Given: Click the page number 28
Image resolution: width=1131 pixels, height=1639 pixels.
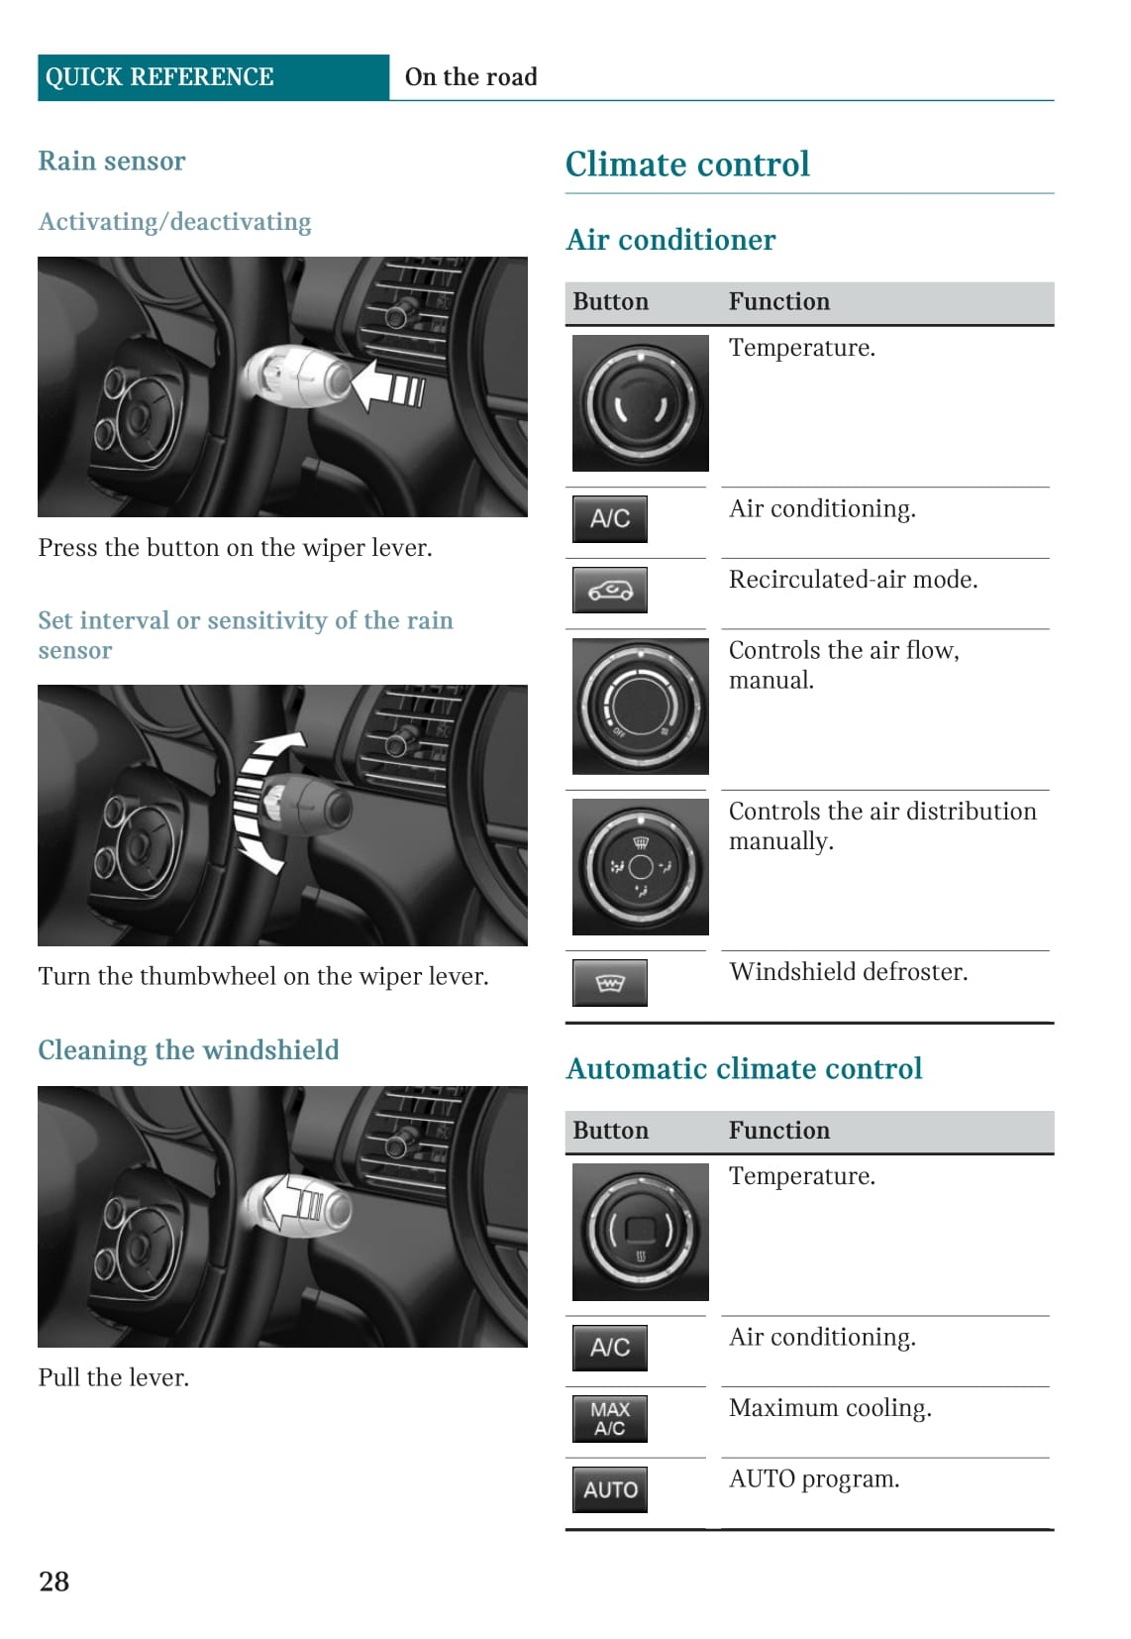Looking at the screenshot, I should tap(54, 1581).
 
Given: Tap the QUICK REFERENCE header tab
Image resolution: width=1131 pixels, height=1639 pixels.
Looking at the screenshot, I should tap(159, 77).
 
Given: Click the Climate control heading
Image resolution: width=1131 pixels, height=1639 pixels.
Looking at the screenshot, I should tap(687, 164).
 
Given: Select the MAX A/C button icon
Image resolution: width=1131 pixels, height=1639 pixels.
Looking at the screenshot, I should tap(610, 1418).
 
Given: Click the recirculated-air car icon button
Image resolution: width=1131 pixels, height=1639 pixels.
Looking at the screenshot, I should tap(610, 591).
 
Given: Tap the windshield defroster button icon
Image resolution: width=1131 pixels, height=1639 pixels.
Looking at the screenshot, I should tap(610, 983).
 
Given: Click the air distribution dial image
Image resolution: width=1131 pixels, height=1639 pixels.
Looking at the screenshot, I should tap(641, 867).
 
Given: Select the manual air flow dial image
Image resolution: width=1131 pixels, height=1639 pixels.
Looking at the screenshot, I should tap(641, 706).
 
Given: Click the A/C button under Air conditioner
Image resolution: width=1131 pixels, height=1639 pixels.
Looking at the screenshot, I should tap(610, 518).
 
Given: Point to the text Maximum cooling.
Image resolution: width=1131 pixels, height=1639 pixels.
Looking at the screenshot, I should tap(830, 1408).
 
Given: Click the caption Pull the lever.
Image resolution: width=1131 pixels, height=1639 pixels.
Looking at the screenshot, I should tap(113, 1377).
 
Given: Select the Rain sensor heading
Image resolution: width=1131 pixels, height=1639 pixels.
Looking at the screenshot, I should tap(112, 162).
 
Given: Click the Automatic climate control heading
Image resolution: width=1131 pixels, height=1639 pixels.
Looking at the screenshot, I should tap(744, 1069).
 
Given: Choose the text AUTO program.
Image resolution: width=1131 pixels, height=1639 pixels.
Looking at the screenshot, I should tap(814, 1479).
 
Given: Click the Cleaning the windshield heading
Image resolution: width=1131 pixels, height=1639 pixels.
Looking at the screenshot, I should tap(188, 1050).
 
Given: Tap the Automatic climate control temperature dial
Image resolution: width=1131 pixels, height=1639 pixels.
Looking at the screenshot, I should tap(641, 1232).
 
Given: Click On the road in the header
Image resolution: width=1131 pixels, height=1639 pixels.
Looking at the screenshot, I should tap(471, 77).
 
